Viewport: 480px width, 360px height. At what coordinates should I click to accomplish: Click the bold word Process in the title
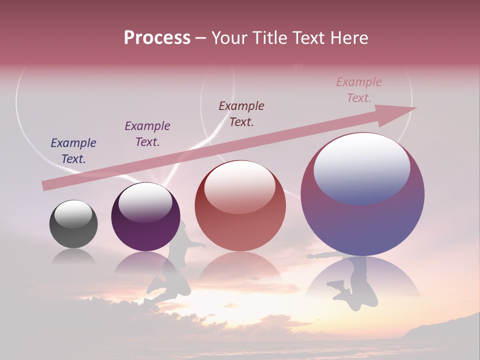(157, 38)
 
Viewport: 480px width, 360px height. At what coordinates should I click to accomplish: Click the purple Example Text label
(147, 134)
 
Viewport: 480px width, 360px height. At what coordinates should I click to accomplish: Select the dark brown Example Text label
(241, 113)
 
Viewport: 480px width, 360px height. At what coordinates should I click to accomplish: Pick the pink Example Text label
(359, 90)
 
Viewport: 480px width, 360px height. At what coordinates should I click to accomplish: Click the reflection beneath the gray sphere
(73, 257)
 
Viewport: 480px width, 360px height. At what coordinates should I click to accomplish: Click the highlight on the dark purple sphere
(145, 202)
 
